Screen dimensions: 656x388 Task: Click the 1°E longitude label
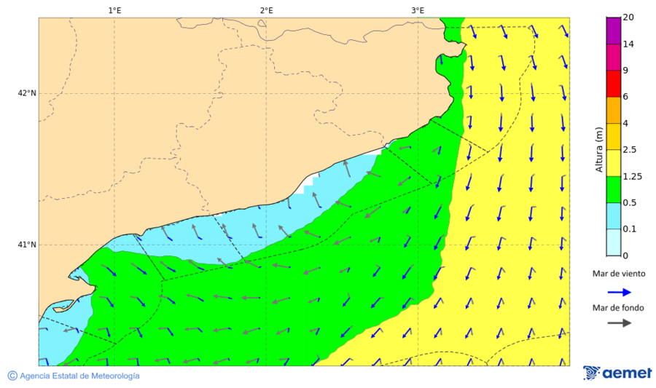click(114, 10)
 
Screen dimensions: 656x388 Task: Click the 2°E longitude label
click(266, 10)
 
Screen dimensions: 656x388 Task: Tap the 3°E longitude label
click(418, 10)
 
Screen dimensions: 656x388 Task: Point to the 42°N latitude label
click(27, 93)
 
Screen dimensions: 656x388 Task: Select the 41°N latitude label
click(27, 245)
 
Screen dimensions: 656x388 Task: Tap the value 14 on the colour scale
click(628, 44)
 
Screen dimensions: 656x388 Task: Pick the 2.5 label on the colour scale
click(630, 149)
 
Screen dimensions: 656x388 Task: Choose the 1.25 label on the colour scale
click(632, 176)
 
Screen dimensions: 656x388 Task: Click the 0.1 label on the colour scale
click(630, 229)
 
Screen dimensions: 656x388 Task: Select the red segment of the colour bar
click(613, 84)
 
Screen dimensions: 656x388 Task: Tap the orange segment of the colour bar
click(613, 110)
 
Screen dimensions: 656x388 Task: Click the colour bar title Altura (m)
click(598, 149)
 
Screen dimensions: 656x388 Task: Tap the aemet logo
click(617, 373)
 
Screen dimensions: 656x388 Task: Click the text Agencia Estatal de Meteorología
click(79, 376)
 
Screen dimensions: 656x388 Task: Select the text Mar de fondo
click(618, 308)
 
